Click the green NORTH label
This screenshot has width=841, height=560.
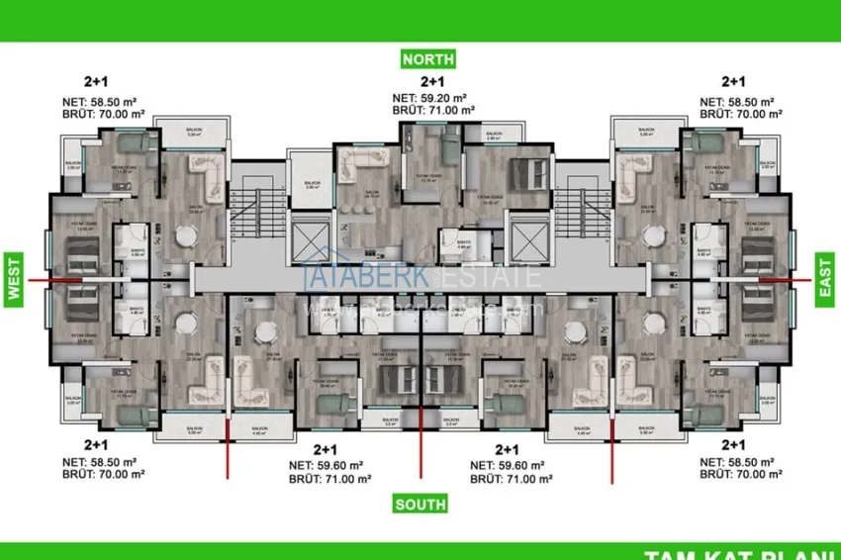click(428, 59)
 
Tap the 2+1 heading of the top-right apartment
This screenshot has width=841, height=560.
click(733, 82)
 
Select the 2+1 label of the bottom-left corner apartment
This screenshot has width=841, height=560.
click(96, 446)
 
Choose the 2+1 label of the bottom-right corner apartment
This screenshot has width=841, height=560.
click(734, 446)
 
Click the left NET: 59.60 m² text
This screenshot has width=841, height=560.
click(329, 465)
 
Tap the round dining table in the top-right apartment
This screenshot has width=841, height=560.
click(651, 236)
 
